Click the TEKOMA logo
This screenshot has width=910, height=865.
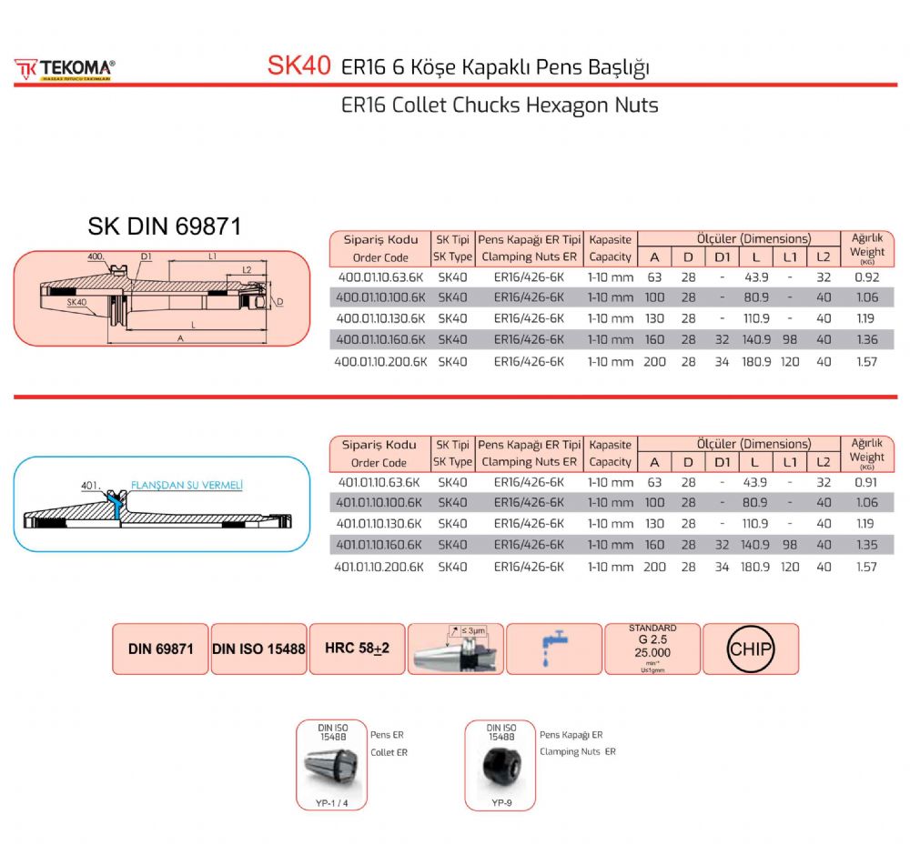(64, 69)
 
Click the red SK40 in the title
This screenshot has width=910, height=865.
(298, 66)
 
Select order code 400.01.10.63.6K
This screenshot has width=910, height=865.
(380, 277)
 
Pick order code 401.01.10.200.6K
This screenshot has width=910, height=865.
(379, 567)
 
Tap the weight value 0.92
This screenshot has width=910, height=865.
(866, 277)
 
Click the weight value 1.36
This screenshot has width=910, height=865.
(866, 340)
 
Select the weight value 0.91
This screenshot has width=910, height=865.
(866, 482)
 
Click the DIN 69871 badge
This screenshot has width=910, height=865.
(161, 649)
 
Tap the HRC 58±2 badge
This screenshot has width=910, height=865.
(358, 649)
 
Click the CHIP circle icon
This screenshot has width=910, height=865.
(751, 649)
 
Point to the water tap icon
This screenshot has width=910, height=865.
(553, 648)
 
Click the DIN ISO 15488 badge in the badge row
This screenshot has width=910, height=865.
(258, 649)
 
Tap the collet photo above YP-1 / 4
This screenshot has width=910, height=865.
(331, 768)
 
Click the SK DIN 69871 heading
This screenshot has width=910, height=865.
(164, 227)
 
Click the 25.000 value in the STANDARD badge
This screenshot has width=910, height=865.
(652, 653)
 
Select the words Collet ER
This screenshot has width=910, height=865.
(389, 752)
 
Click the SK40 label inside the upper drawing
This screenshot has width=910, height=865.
(76, 301)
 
